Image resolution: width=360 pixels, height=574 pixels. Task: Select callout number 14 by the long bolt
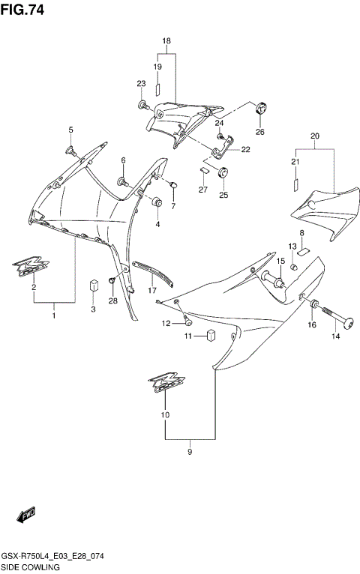[x=335, y=336]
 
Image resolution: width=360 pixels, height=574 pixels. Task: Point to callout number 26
[x=260, y=132]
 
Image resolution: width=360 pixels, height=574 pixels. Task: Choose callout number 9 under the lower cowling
[x=190, y=452]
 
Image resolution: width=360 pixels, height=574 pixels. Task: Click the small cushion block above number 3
[x=94, y=285]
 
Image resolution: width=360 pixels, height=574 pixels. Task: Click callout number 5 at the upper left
[x=71, y=130]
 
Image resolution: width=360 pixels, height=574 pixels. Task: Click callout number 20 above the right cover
[x=314, y=136]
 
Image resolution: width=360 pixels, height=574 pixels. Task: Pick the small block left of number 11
[x=211, y=335]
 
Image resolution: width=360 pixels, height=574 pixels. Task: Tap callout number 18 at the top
[x=166, y=40]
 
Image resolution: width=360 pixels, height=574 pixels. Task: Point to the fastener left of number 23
[x=142, y=103]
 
